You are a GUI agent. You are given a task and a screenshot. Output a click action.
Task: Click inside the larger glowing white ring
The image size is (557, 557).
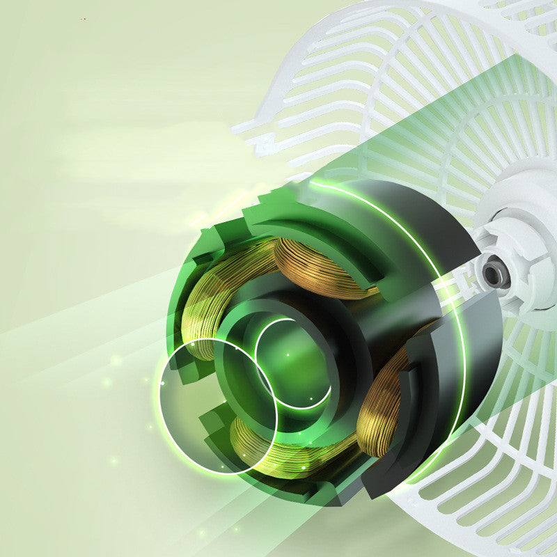pyautogui.click(x=217, y=407)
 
